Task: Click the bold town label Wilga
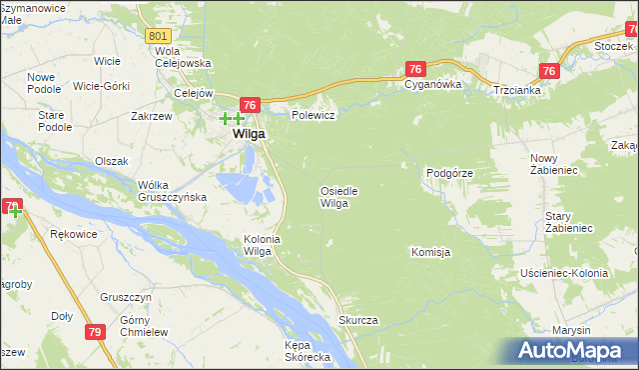[x=249, y=132]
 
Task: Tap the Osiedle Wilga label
[x=337, y=196]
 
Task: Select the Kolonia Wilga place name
[x=259, y=244]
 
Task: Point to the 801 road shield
[x=157, y=36]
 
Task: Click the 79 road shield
[x=96, y=332]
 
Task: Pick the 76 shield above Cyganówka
[x=416, y=68]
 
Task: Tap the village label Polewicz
[x=312, y=115]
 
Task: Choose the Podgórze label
[x=449, y=173]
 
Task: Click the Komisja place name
[x=430, y=252]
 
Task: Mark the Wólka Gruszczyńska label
[x=173, y=191]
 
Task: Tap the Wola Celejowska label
[x=183, y=57]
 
